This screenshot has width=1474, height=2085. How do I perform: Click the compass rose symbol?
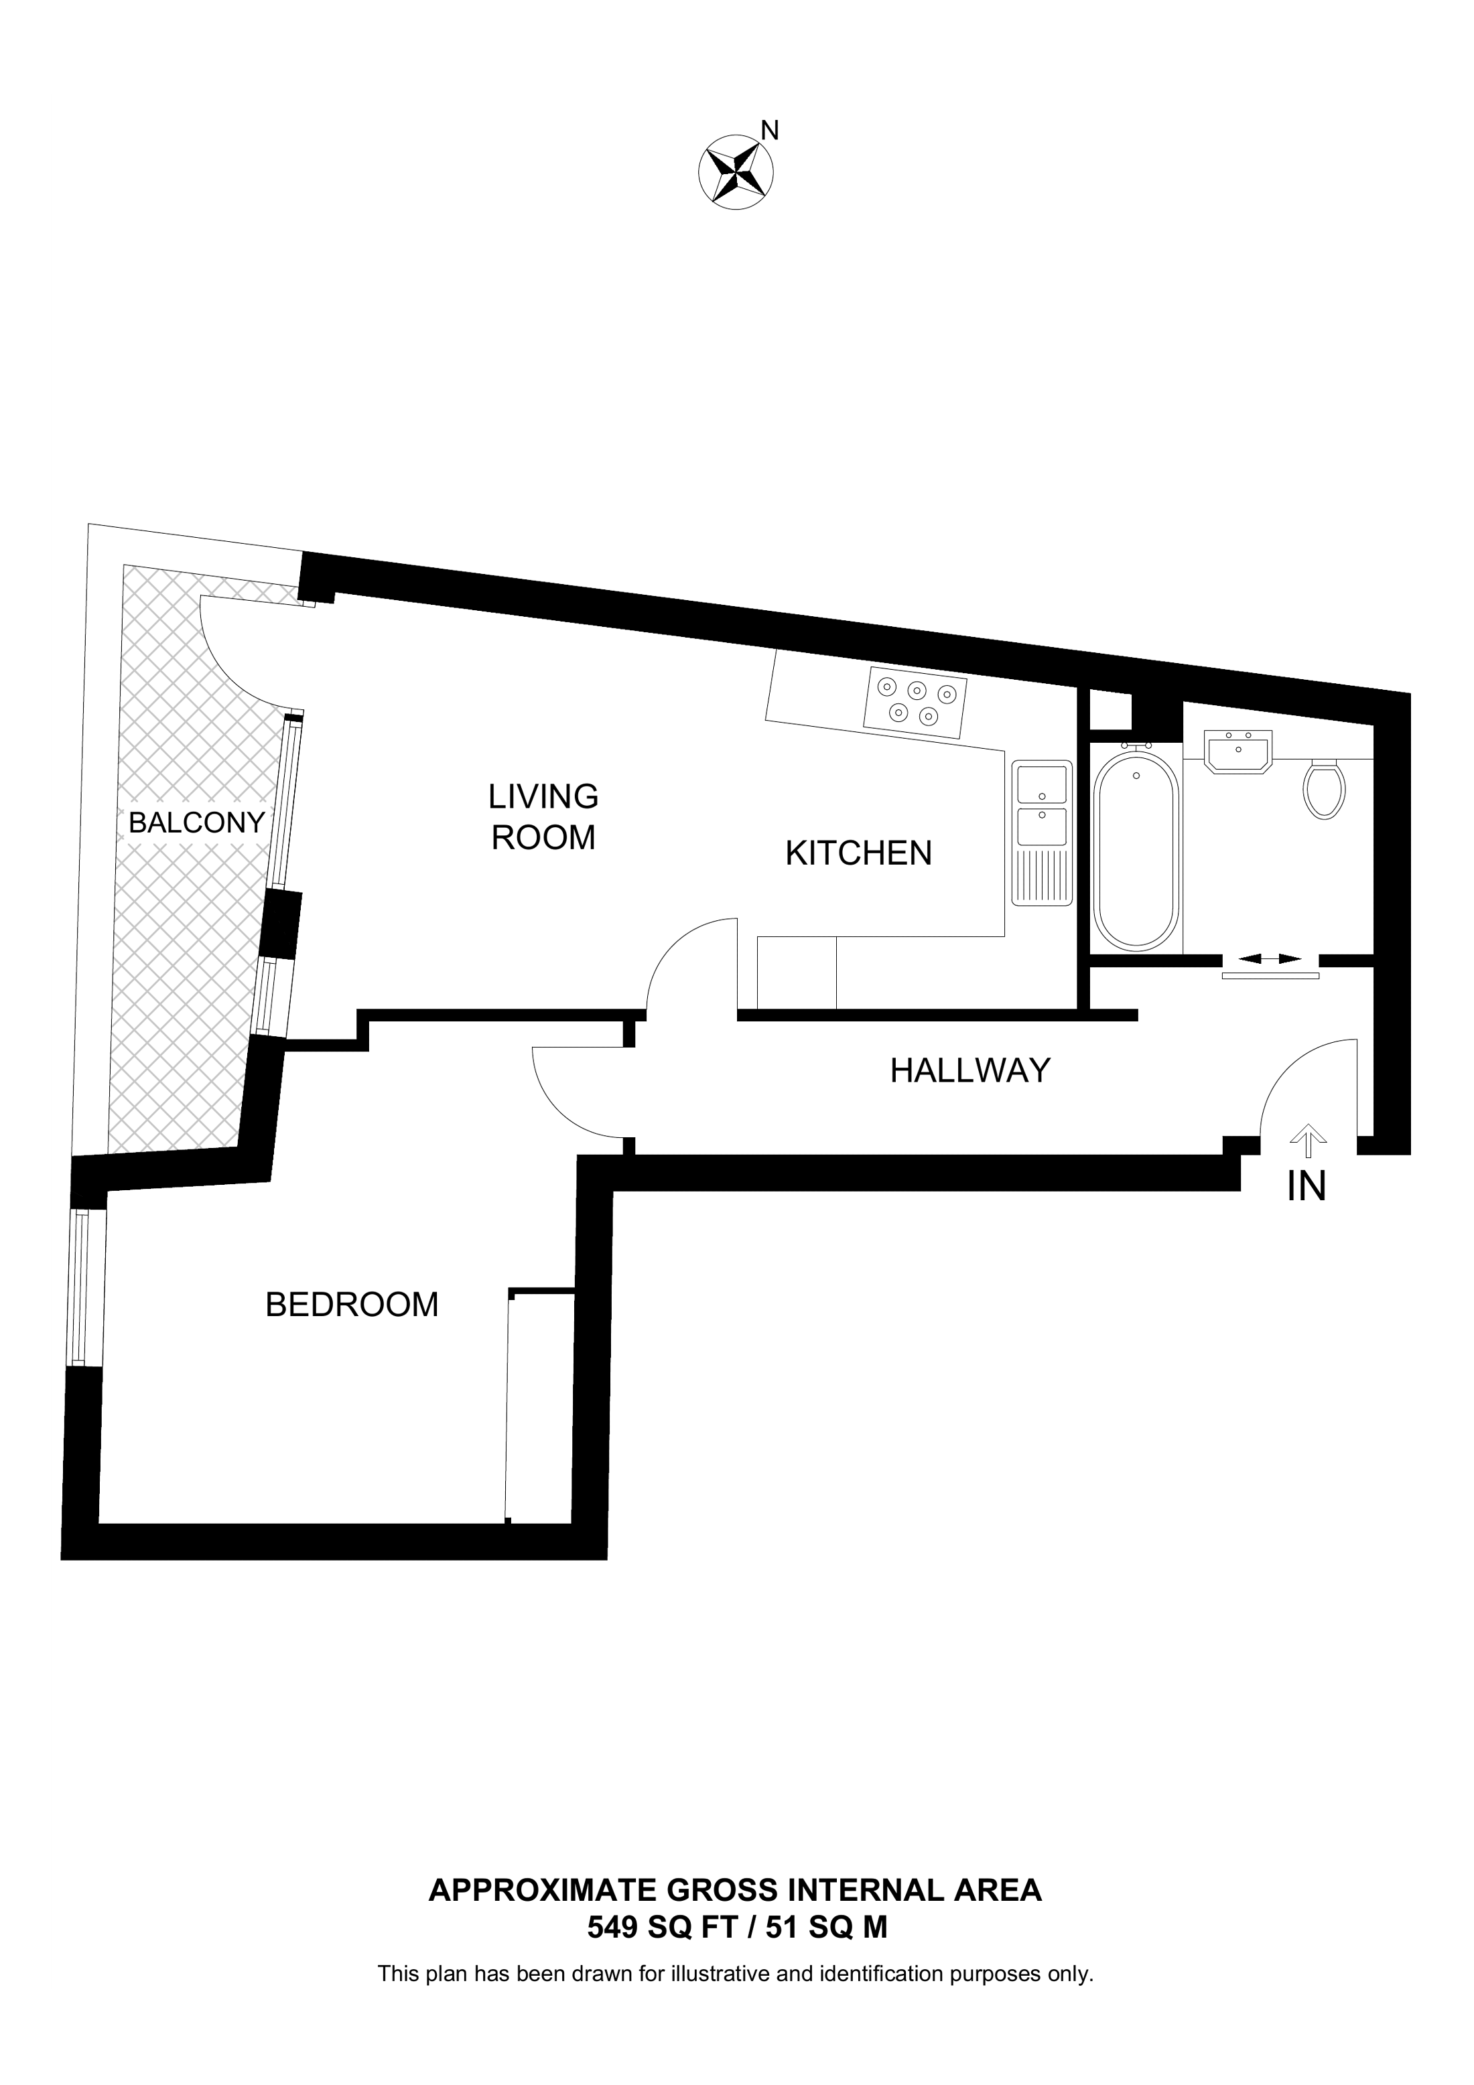point(735,171)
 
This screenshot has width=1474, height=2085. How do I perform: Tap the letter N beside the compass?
point(769,131)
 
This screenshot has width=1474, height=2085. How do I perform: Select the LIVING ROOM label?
point(543,816)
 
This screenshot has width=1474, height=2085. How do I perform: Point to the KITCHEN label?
point(858,853)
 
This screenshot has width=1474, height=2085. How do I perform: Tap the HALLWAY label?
point(970,1071)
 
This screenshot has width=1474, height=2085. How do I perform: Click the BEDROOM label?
point(352,1305)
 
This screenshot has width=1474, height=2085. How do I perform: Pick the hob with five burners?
point(915,700)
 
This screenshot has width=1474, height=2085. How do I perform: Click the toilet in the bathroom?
point(1324,788)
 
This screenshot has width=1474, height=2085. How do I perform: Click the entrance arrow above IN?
point(1307,1140)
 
